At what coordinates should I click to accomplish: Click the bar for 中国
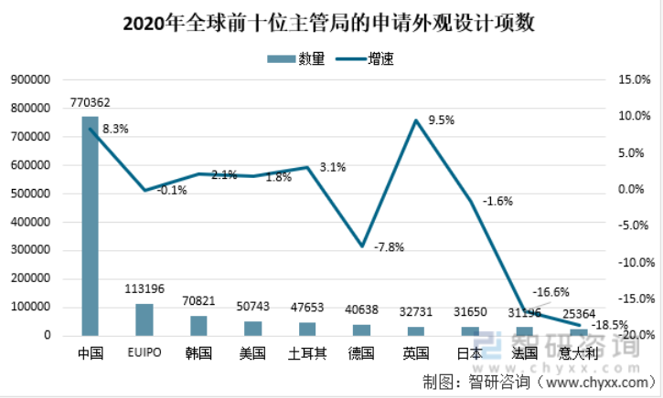coord(90,226)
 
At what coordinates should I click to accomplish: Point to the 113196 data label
coord(144,289)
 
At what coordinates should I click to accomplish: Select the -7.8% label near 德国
coord(389,246)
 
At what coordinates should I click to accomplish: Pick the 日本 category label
coord(470,353)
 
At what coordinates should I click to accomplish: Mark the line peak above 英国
coord(416,120)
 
